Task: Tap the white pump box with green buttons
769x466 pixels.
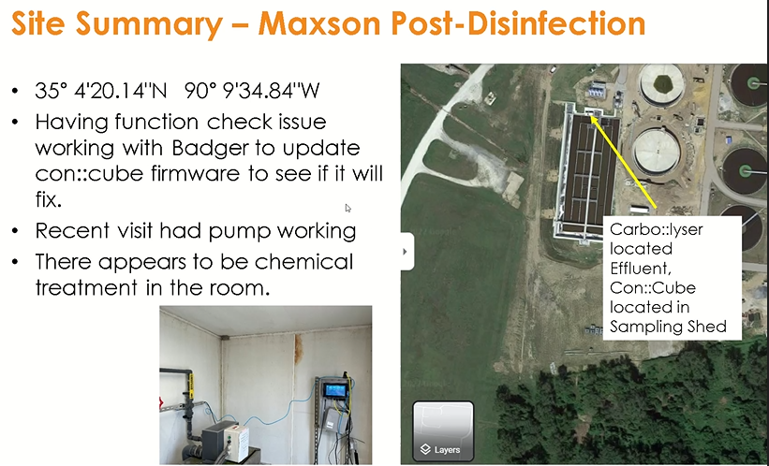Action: (x=225, y=436)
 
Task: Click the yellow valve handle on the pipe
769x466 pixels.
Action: (x=190, y=383)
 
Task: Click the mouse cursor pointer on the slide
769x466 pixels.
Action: (x=348, y=208)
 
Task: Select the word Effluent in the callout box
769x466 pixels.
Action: (x=639, y=269)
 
